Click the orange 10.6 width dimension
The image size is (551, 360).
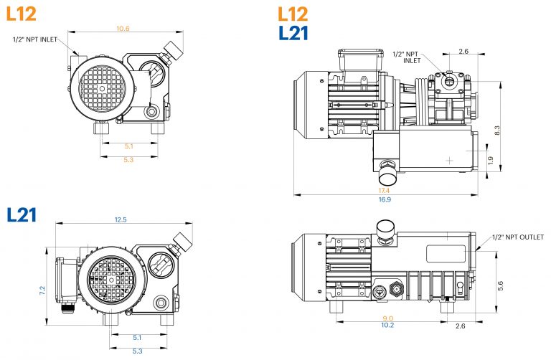[x=123, y=29]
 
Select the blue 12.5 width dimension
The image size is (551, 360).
[x=121, y=219]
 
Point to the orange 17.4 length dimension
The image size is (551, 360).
[x=384, y=190]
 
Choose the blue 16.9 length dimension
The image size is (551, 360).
[x=385, y=199]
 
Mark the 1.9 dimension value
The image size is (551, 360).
[x=490, y=161]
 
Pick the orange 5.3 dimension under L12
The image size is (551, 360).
[x=128, y=159]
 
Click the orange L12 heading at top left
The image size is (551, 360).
[x=21, y=12]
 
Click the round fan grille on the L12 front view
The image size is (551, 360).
[x=101, y=87]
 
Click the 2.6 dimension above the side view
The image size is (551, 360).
[x=463, y=52]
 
